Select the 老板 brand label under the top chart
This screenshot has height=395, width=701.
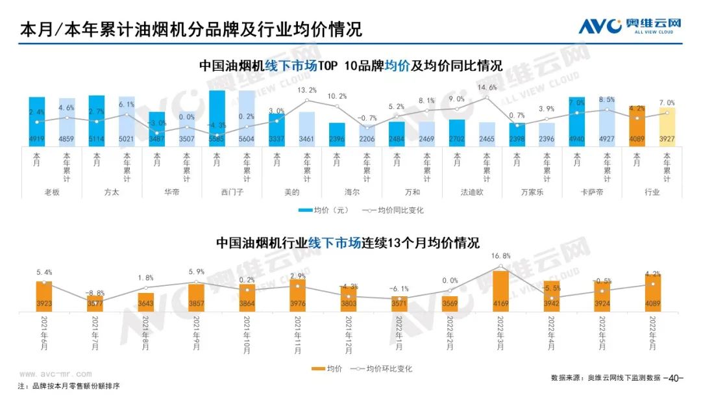[52, 192]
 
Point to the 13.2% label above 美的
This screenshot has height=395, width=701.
[306, 90]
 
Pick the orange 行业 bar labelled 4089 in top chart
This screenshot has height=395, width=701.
[637, 127]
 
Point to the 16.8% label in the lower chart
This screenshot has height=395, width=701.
[500, 256]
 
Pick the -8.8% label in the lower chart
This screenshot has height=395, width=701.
[95, 293]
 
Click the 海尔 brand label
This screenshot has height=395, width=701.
[352, 192]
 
